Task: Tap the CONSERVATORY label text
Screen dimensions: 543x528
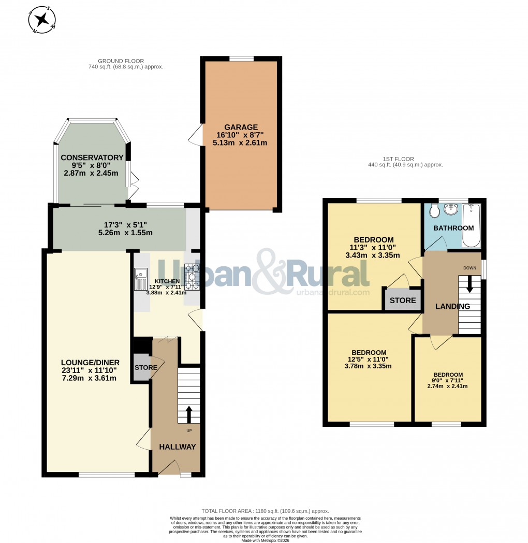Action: pyautogui.click(x=92, y=158)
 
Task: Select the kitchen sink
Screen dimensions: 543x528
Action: pyautogui.click(x=140, y=280)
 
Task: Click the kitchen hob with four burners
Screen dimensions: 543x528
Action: pyautogui.click(x=193, y=277)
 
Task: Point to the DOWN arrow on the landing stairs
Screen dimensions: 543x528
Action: pyautogui.click(x=470, y=284)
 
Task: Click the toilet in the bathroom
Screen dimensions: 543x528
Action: pyautogui.click(x=434, y=212)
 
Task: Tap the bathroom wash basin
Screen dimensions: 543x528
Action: pyautogui.click(x=451, y=209)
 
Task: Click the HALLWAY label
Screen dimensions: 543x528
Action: pyautogui.click(x=177, y=447)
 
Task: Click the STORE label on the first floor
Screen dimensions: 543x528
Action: pyautogui.click(x=403, y=301)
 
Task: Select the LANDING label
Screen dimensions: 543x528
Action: pyautogui.click(x=452, y=306)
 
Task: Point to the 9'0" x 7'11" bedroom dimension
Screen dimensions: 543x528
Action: pyautogui.click(x=448, y=382)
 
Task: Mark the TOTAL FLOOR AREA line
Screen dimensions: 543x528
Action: pyautogui.click(x=266, y=511)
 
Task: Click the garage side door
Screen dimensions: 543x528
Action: pyautogui.click(x=195, y=136)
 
